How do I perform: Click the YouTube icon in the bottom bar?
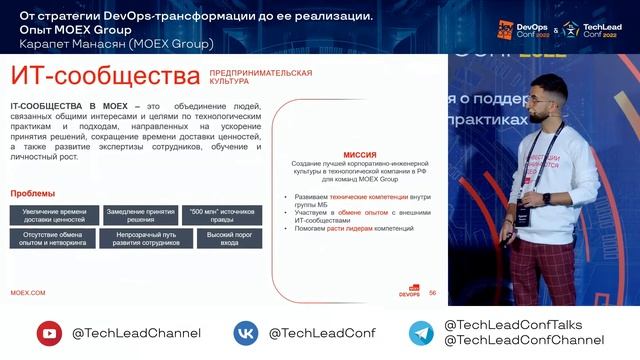click(x=49, y=333)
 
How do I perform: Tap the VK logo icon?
click(x=247, y=333)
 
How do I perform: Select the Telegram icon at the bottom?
click(x=421, y=333)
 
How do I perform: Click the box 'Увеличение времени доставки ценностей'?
click(x=55, y=214)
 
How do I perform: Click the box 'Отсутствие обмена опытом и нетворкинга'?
click(x=55, y=238)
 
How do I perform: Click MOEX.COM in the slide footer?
click(x=28, y=292)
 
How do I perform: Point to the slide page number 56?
click(x=432, y=293)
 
